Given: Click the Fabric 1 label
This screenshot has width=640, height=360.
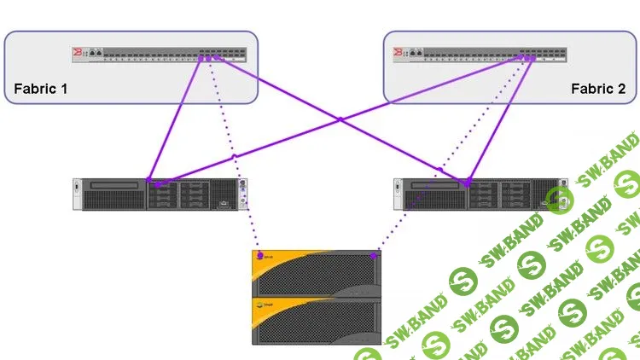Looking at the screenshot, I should (41, 89).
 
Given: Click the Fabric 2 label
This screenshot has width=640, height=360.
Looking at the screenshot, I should (598, 89).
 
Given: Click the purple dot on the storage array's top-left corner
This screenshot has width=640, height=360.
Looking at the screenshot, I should (259, 255).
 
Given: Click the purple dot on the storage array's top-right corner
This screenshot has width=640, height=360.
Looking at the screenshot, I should (374, 254).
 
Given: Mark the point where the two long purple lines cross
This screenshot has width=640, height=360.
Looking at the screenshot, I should (340, 119).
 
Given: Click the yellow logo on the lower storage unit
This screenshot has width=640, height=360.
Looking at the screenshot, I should (265, 302).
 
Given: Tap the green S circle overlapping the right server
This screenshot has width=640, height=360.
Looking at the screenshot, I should (559, 199).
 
